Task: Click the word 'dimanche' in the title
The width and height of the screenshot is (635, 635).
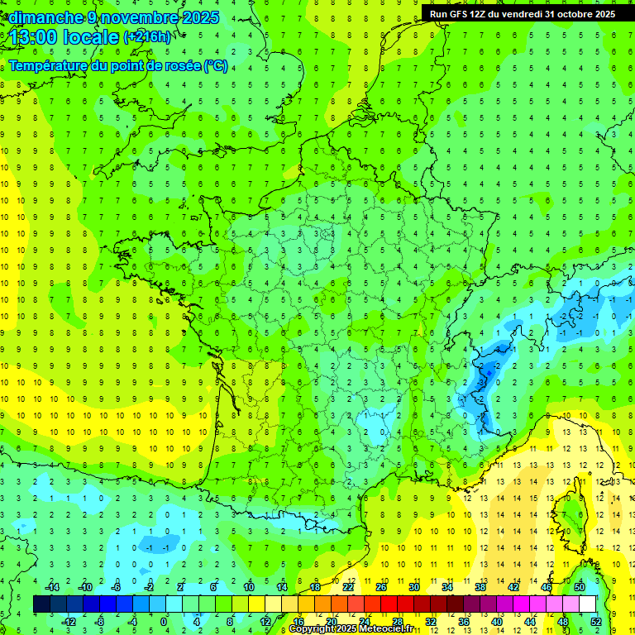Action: [x=41, y=17]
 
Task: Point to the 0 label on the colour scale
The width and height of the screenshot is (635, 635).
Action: [x=164, y=622]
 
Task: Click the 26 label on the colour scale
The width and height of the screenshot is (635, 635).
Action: [x=381, y=587]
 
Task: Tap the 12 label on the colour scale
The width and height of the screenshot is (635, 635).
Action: [x=265, y=622]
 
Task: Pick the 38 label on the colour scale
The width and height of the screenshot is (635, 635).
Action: [x=480, y=587]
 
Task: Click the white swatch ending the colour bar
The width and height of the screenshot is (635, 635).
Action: [x=593, y=604]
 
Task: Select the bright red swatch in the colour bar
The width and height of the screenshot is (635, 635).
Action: [x=389, y=604]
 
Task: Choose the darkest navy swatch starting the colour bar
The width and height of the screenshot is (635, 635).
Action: [x=42, y=604]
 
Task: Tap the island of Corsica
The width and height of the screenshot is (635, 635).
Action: [x=569, y=513]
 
